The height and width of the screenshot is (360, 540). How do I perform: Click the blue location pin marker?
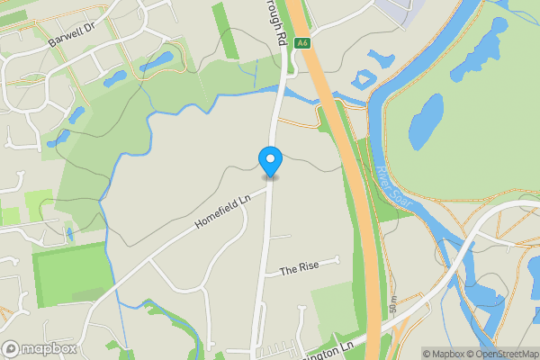(x=270, y=161)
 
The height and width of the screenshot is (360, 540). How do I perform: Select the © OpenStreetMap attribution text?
(x=501, y=354)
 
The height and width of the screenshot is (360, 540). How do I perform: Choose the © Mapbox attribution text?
(x=441, y=354)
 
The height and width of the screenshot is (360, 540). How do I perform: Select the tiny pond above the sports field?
(x=67, y=235)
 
